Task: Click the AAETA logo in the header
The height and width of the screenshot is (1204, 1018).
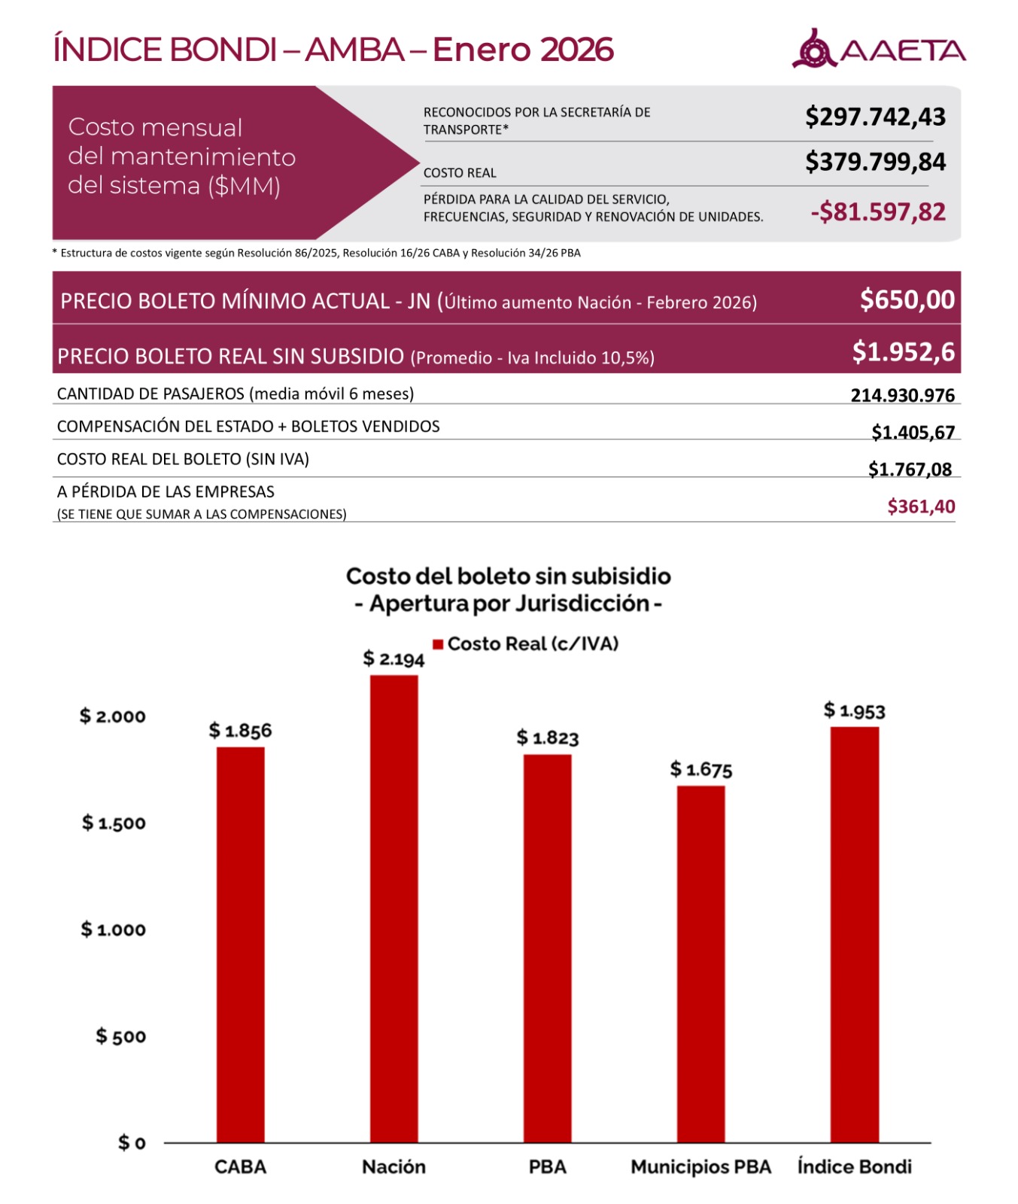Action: [x=878, y=50]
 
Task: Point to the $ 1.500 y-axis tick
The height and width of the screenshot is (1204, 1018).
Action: [x=114, y=822]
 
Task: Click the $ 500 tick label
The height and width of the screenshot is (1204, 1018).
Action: [x=120, y=1036]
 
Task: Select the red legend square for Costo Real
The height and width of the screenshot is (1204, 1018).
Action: [x=438, y=644]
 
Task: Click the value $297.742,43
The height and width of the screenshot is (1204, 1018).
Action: [x=875, y=117]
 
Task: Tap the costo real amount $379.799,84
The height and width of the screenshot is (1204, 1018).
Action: [x=875, y=162]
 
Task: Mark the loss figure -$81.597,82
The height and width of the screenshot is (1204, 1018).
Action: [x=877, y=212]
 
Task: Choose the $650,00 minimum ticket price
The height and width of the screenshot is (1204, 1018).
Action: [x=907, y=299]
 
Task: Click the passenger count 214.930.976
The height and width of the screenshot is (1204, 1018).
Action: [x=902, y=395]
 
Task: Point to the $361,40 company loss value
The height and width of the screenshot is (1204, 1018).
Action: [x=921, y=506]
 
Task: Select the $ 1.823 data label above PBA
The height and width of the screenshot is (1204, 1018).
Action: [x=547, y=737]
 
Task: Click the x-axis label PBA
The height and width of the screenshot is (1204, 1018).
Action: [x=547, y=1166]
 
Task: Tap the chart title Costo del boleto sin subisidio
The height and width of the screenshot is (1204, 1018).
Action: [x=508, y=576]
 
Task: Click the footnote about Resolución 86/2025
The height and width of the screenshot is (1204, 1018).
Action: [x=317, y=253]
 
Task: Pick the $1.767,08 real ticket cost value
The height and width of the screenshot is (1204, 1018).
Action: [x=910, y=470]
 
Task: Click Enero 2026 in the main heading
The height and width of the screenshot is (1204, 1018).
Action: [x=523, y=50]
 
